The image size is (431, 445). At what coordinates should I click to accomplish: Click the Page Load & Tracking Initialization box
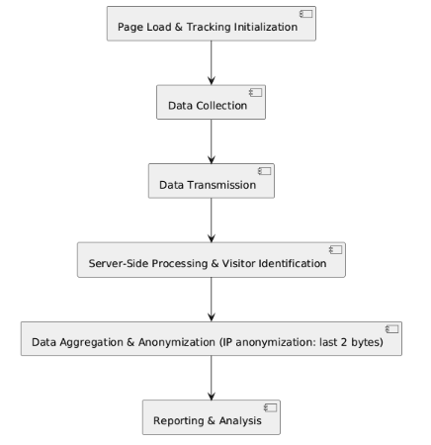pyautogui.click(x=212, y=24)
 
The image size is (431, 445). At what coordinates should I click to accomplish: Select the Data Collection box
pyautogui.click(x=211, y=102)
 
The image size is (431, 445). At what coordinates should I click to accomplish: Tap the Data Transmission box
pyautogui.click(x=212, y=181)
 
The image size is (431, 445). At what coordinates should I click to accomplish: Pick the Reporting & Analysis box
pyautogui.click(x=212, y=417)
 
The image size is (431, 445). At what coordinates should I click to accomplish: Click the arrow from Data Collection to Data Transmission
pyautogui.click(x=212, y=141)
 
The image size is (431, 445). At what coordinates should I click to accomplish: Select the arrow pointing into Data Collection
pyautogui.click(x=212, y=62)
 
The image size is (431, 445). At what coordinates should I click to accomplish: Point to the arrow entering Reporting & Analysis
pyautogui.click(x=212, y=378)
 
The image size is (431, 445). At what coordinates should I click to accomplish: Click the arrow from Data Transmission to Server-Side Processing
pyautogui.click(x=212, y=221)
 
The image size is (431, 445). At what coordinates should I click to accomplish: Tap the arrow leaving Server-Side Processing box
pyautogui.click(x=212, y=300)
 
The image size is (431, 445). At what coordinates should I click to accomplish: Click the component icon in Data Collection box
pyautogui.click(x=256, y=93)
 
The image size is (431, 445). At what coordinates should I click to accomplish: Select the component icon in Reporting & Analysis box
pyautogui.click(x=271, y=408)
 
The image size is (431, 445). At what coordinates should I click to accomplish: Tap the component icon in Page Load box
pyautogui.click(x=306, y=14)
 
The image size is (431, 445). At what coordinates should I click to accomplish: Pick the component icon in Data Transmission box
pyautogui.click(x=265, y=171)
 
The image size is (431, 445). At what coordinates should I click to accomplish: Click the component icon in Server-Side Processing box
pyautogui.click(x=335, y=250)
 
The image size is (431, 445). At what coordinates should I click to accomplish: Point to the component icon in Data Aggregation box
pyautogui.click(x=392, y=329)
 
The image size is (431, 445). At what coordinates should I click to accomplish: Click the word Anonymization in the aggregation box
pyautogui.click(x=177, y=342)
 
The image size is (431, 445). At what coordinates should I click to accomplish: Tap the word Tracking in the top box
pyautogui.click(x=209, y=27)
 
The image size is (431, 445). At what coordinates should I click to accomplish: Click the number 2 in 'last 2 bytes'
pyautogui.click(x=344, y=342)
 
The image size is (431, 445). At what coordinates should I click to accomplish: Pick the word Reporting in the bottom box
pyautogui.click(x=179, y=421)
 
